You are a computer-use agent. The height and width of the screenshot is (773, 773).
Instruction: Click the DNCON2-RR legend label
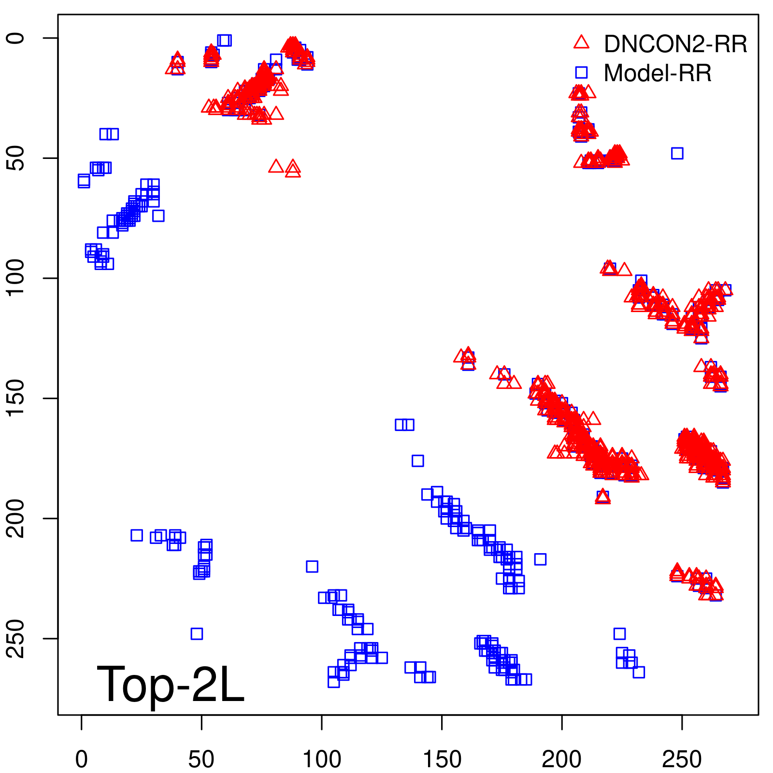point(675,44)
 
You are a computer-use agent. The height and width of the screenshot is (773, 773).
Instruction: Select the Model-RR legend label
point(658,73)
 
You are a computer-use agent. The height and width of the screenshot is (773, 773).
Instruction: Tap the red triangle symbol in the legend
point(581,43)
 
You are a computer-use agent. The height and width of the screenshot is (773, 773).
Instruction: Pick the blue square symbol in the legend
point(581,72)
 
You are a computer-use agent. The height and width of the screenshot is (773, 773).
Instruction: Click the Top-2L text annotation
point(171,684)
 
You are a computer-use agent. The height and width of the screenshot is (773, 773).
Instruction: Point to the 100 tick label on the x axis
point(322,759)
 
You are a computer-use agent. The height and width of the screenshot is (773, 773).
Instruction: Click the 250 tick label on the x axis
point(682,759)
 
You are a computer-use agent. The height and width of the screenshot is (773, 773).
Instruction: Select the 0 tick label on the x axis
point(82,759)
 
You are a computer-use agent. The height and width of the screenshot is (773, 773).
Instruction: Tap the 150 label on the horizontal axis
point(442,759)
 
